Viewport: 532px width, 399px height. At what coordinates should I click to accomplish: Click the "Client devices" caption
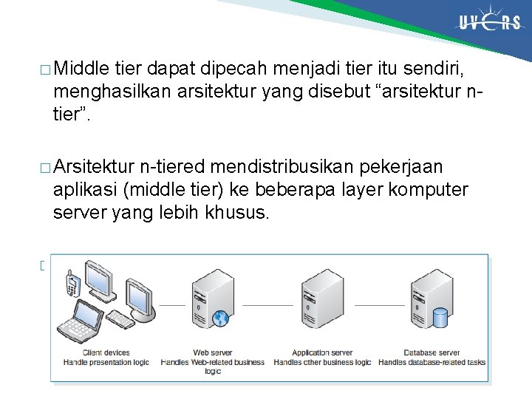point(106,353)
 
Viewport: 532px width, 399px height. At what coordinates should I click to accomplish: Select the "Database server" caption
point(432,353)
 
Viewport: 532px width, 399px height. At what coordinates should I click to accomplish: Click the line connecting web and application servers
point(268,304)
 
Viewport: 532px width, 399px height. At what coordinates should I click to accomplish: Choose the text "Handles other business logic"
point(322,362)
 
